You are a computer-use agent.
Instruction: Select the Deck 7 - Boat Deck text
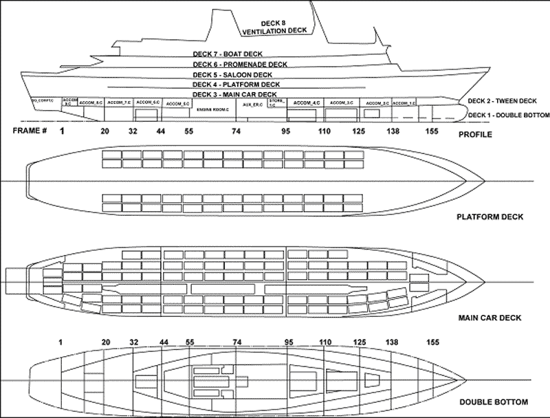tap(228, 54)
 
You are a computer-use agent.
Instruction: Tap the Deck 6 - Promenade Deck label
tap(239, 65)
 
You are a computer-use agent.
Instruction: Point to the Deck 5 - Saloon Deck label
tap(232, 75)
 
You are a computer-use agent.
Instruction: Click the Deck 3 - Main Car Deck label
tap(234, 94)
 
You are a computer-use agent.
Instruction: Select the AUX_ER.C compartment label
tap(253, 104)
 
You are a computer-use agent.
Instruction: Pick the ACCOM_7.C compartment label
tap(119, 103)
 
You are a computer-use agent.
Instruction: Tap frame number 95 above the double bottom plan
tap(288, 341)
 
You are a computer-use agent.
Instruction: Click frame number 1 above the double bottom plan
tap(61, 341)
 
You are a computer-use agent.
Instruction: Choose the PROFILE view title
tap(476, 134)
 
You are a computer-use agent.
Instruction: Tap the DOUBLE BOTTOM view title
tap(494, 401)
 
